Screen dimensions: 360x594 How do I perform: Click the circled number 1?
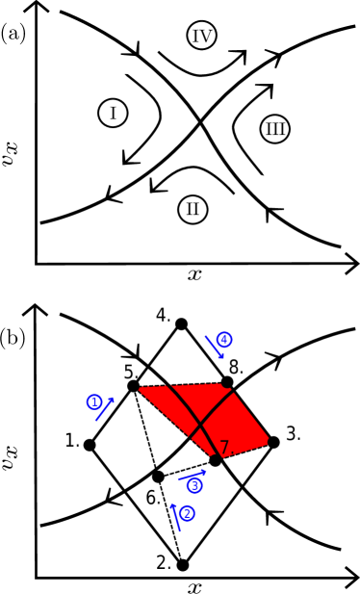94,401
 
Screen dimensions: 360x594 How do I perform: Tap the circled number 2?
187,513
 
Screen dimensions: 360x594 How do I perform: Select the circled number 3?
194,485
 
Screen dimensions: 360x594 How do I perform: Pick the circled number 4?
224,339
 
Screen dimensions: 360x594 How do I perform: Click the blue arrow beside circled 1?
104,410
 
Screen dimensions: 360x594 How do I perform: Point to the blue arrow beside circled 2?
175,517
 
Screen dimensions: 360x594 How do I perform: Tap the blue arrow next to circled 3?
192,475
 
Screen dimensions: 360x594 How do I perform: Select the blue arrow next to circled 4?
214,347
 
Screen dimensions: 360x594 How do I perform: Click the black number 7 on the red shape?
224,447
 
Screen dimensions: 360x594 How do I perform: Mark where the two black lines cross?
200,424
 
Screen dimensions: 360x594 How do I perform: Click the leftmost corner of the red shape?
140,388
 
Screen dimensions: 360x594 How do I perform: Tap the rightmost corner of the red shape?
269,441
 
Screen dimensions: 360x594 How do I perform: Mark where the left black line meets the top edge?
168,386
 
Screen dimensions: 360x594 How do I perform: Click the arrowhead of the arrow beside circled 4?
220,356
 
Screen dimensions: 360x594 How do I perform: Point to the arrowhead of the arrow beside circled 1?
112,400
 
